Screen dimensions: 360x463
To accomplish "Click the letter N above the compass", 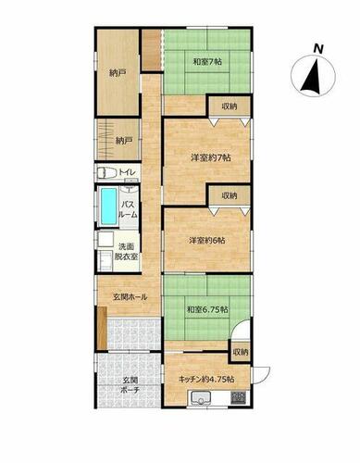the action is pyautogui.click(x=318, y=49).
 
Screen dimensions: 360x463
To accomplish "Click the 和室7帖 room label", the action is pyautogui.click(x=207, y=62).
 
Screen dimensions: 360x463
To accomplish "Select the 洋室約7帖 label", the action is pyautogui.click(x=210, y=158).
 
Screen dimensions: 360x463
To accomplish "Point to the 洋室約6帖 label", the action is pyautogui.click(x=206, y=240).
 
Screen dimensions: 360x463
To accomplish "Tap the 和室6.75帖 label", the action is pyautogui.click(x=207, y=309).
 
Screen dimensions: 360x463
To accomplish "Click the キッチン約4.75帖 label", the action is pyautogui.click(x=206, y=379).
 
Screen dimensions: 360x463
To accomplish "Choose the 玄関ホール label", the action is pyautogui.click(x=130, y=297).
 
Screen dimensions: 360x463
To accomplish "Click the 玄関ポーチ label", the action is pyautogui.click(x=130, y=385).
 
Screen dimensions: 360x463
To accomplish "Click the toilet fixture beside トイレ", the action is pyautogui.click(x=106, y=173).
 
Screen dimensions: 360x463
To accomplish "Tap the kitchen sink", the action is pyautogui.click(x=201, y=397).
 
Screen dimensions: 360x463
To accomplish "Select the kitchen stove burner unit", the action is pyautogui.click(x=239, y=397).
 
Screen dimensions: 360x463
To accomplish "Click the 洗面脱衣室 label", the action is pyautogui.click(x=126, y=252).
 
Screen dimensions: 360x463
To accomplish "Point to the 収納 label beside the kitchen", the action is pyautogui.click(x=241, y=352).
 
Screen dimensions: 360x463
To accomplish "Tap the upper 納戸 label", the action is pyautogui.click(x=118, y=73).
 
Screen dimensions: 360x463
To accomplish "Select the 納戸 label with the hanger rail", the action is pyautogui.click(x=124, y=141).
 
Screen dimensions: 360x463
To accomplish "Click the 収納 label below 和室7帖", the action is pyautogui.click(x=230, y=106).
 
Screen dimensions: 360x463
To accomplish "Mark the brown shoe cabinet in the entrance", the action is pyautogui.click(x=102, y=328).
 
